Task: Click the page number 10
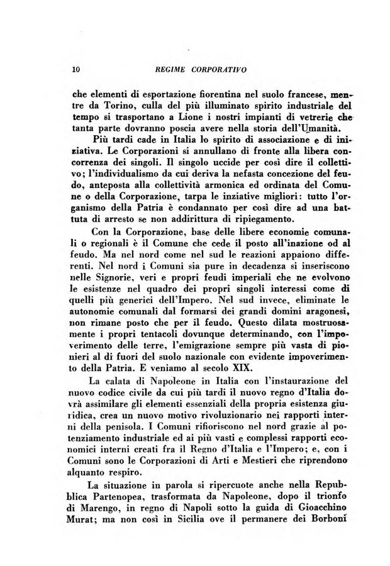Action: point(76,67)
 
